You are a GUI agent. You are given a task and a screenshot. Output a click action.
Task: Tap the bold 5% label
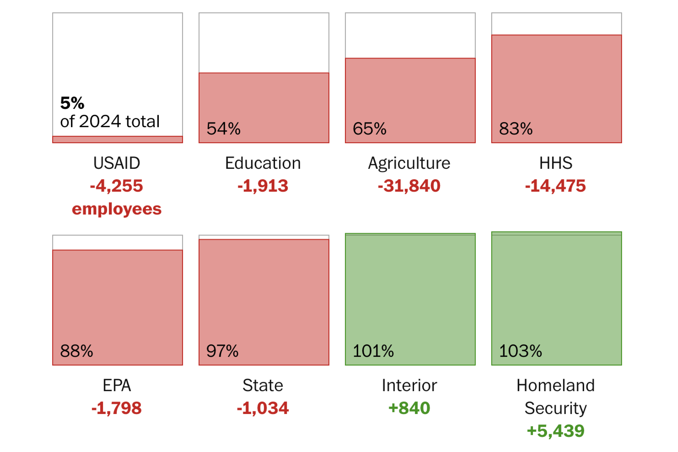point(72,103)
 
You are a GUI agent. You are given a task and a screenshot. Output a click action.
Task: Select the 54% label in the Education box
point(223,129)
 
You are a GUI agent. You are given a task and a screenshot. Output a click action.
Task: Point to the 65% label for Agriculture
point(369,129)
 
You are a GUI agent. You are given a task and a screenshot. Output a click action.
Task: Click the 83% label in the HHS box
point(516,129)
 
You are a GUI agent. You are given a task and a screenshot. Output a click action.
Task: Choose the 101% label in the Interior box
point(373,351)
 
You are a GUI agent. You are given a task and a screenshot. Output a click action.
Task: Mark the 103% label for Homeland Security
point(520,351)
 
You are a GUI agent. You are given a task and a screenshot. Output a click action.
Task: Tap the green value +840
point(409,408)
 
